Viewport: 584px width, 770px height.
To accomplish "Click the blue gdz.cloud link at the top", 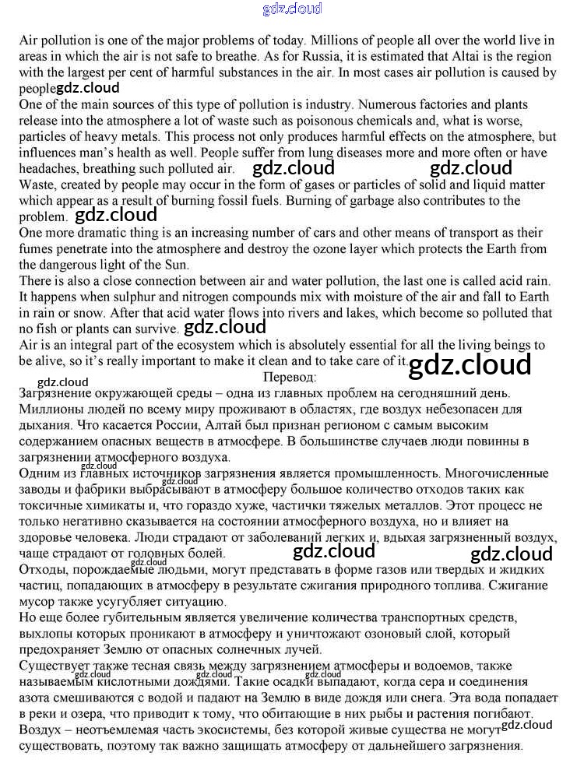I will pyautogui.click(x=292, y=9).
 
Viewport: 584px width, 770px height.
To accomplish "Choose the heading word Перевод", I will pyautogui.click(x=291, y=378).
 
